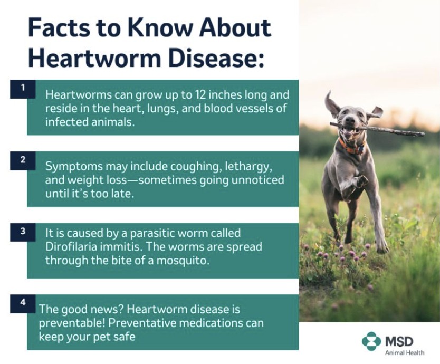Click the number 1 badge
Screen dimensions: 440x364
click(23, 89)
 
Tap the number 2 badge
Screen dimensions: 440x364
click(23, 160)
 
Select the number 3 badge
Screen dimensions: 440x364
click(23, 232)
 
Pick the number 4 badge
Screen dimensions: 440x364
click(23, 304)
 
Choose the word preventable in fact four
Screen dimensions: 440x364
click(72, 323)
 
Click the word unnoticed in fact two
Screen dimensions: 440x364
click(257, 180)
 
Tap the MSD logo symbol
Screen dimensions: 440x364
click(371, 341)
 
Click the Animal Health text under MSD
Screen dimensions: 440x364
click(405, 353)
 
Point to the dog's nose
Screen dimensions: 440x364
click(350, 120)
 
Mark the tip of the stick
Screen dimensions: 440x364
click(424, 134)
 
